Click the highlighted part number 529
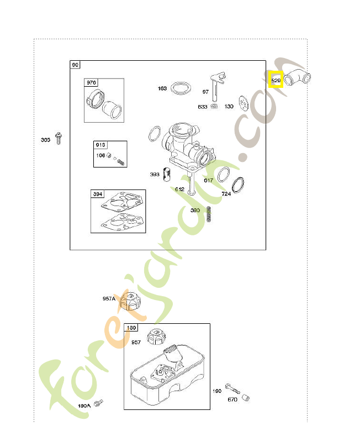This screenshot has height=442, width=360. pos(276,81)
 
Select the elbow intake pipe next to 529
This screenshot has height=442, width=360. pos(297,78)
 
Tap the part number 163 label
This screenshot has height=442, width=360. pos(162,88)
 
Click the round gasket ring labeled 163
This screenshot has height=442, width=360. pos(181,88)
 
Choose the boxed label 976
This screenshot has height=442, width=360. pos(91,83)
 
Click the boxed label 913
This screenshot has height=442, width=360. pos(100,145)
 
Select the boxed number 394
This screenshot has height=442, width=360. pos(98,194)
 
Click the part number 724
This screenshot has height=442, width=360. pos(226,194)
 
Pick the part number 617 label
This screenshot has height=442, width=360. pos(208,181)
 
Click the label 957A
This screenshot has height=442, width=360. pos(109,298)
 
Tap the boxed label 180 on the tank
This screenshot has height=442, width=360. pos(131,328)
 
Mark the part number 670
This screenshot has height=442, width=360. pos(232,399)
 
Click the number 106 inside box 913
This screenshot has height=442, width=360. pos(100,155)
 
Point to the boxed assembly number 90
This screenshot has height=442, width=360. pos(75,65)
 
